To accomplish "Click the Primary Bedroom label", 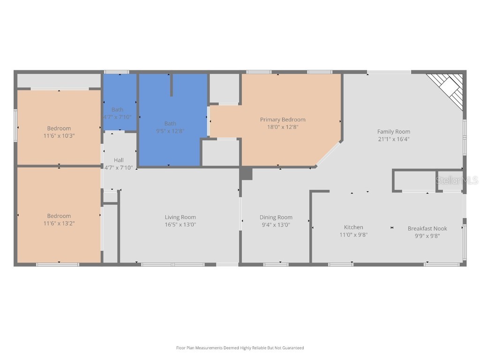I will click(283, 120).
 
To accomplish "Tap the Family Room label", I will click(394, 132).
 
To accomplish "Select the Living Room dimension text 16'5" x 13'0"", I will click(180, 225).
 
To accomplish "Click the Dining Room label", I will click(276, 217).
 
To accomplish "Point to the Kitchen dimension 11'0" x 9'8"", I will click(353, 235).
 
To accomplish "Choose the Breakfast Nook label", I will click(427, 228).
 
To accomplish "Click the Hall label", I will click(119, 160).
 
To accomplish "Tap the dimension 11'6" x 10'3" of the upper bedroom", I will click(59, 135).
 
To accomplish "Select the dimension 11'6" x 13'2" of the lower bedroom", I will click(59, 224).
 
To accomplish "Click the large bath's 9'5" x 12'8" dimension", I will click(170, 131).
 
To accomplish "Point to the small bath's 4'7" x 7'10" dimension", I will click(117, 117).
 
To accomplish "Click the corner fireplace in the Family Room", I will click(448, 90).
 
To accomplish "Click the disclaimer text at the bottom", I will click(240, 348).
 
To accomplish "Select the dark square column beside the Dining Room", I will click(247, 174).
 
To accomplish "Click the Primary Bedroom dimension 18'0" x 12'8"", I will click(283, 127).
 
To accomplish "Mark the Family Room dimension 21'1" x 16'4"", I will click(394, 139).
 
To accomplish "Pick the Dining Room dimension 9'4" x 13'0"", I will click(276, 225).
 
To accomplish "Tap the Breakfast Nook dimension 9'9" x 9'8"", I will click(427, 236).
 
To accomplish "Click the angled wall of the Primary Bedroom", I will click(329, 153).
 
